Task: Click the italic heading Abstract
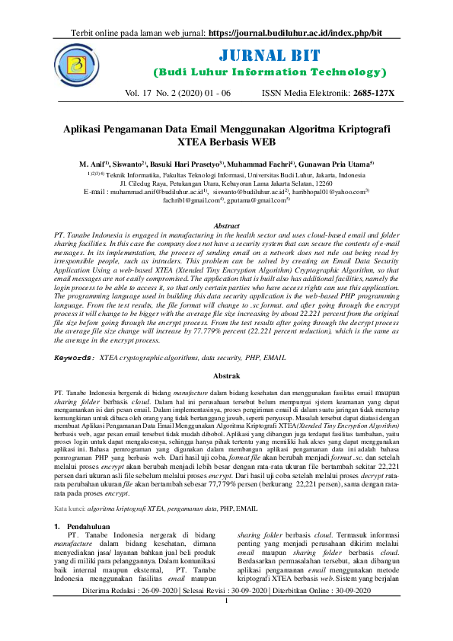[x=226, y=226]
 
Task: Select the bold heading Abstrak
[x=226, y=376]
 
